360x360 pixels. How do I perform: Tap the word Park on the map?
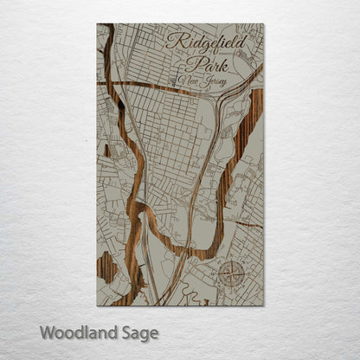click(207, 63)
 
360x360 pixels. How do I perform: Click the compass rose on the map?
click(232, 276)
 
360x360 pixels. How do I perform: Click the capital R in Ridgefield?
click(172, 41)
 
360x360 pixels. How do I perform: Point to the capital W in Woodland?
click(47, 331)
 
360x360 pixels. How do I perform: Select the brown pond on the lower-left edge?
click(106, 267)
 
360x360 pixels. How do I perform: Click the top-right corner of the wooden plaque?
click(264, 24)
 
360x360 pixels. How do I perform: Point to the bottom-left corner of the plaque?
click(97, 305)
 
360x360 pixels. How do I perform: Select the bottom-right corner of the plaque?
click(264, 305)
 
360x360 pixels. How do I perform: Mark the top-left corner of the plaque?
click(97, 24)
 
